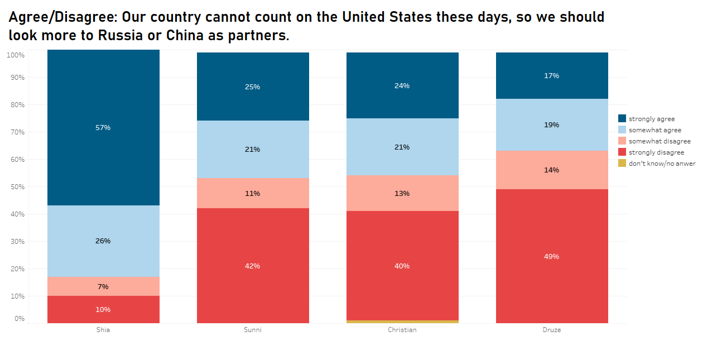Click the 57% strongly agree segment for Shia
coord(103,127)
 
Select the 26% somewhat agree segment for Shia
coord(103,241)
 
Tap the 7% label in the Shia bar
coord(103,287)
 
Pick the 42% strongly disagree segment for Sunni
coord(253,266)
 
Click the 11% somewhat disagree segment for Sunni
coord(253,194)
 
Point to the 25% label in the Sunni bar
coord(253,87)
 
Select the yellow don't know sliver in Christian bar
coord(402,321)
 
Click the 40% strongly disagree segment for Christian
coord(402,266)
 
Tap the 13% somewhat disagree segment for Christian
coord(402,194)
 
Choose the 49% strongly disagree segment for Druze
coord(552,256)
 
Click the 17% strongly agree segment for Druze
coord(552,76)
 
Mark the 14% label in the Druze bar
coord(552,170)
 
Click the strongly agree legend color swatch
coord(622,118)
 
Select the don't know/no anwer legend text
coord(662,164)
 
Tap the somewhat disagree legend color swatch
coord(622,141)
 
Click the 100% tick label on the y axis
coord(15,55)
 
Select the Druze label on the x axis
coord(552,330)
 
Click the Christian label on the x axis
coord(402,330)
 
